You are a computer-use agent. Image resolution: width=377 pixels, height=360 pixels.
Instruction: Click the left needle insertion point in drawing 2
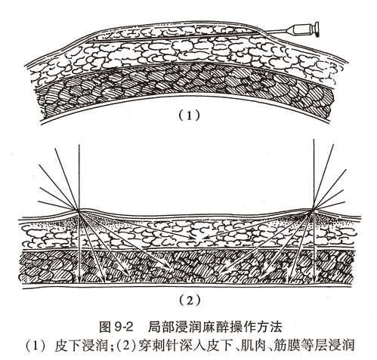click(77, 209)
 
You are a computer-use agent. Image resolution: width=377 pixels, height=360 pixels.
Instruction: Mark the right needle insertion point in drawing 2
click(313, 209)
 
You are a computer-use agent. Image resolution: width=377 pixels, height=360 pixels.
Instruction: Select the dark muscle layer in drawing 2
click(189, 264)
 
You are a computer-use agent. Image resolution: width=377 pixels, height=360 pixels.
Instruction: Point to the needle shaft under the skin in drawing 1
click(227, 38)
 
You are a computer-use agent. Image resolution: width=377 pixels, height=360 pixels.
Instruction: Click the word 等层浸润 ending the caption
click(333, 346)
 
